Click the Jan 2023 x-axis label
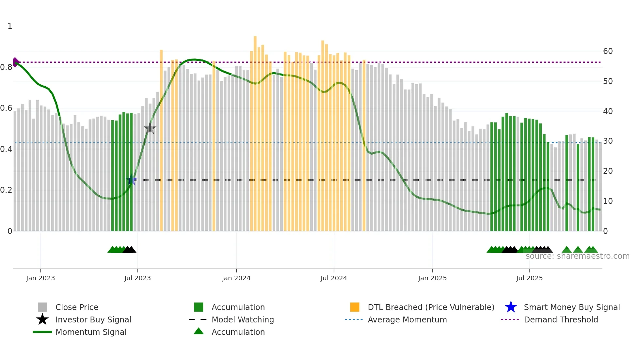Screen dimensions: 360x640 click(40, 278)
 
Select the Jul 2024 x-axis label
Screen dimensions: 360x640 click(334, 278)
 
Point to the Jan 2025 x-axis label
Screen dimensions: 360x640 click(432, 278)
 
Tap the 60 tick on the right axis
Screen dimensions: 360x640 click(608, 51)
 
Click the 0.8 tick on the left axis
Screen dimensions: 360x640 click(6, 67)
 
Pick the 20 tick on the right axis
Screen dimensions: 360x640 click(608, 171)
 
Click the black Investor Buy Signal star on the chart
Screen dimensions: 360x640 click(150, 128)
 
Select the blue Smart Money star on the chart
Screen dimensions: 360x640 click(131, 180)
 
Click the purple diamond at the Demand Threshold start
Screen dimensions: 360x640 click(15, 62)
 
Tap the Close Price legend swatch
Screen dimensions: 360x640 click(42, 307)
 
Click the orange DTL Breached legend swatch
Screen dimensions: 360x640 click(355, 307)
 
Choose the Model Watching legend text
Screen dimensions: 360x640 click(243, 319)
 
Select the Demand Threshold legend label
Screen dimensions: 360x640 click(561, 319)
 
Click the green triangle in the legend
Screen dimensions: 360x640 click(199, 331)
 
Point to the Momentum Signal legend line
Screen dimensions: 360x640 click(42, 332)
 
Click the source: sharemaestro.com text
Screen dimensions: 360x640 click(577, 256)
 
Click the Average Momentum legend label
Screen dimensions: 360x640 click(407, 319)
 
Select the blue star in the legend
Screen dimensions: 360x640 click(511, 307)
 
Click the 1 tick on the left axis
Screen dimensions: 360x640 click(10, 26)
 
